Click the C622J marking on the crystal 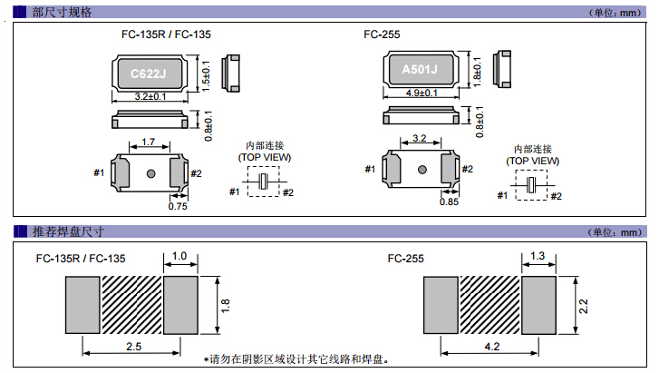(x=149, y=74)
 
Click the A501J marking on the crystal (x=420, y=70)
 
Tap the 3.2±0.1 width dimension (x=150, y=96)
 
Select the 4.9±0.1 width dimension (x=421, y=93)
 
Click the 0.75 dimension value (x=178, y=206)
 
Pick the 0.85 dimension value (x=449, y=201)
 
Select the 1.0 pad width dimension (x=179, y=257)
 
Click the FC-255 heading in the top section (x=382, y=34)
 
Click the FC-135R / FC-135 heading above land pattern (x=81, y=259)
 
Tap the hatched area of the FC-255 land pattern (x=489, y=304)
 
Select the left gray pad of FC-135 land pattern (x=82, y=304)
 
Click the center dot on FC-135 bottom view (x=151, y=172)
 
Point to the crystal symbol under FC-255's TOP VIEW (x=530, y=188)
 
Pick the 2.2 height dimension (x=585, y=305)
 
